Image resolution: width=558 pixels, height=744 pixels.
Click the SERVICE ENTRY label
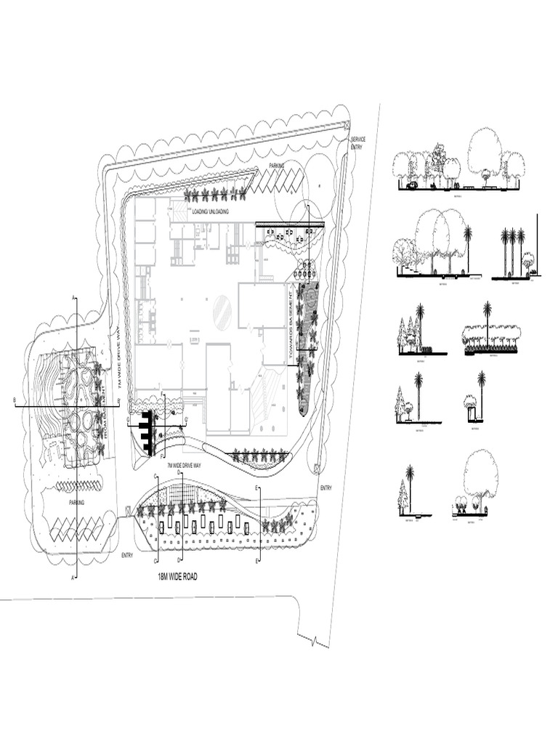(358, 142)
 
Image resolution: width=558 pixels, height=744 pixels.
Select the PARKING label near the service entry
(277, 166)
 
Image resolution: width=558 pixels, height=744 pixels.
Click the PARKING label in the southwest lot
(77, 503)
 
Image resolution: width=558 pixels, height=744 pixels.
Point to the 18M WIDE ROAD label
(178, 576)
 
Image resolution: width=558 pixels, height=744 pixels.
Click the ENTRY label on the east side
(325, 488)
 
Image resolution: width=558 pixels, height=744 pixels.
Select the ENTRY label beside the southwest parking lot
(128, 556)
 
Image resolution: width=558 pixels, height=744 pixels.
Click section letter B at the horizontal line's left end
(15, 399)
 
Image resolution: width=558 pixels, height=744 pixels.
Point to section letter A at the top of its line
(74, 296)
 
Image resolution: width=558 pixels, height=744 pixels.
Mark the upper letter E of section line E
(256, 488)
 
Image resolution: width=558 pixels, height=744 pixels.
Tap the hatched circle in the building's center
(223, 312)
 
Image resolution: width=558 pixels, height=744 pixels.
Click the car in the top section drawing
(412, 185)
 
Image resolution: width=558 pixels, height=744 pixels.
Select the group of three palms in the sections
(512, 251)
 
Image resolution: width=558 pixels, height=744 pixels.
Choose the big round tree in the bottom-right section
(480, 474)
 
